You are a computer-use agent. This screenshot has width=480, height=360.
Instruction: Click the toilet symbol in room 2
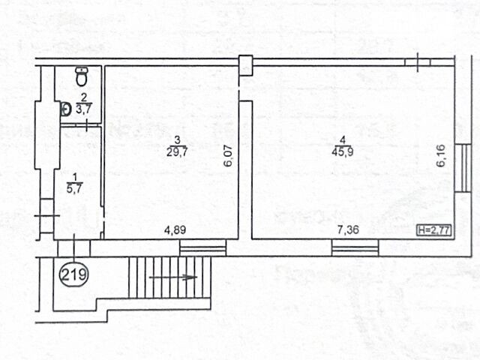pos(82,76)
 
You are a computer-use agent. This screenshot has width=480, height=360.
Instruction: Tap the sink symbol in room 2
pos(65,109)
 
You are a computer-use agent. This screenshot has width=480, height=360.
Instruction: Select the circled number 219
pos(74,274)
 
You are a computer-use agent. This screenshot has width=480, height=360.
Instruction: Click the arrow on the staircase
pos(173,277)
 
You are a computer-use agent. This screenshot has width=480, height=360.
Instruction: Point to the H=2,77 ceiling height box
pos(435,230)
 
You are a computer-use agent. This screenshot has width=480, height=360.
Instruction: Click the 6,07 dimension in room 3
pos(229,156)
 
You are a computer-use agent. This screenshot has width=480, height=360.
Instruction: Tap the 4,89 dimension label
pos(175,229)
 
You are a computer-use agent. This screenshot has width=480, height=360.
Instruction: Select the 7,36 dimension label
pos(348,229)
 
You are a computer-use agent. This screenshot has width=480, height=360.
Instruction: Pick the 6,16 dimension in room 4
pos(440,156)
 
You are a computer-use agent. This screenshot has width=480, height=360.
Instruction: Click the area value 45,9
pos(343,151)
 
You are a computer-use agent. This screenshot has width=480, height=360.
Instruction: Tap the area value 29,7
pos(177,151)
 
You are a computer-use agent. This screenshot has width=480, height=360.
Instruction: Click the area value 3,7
pos(84,109)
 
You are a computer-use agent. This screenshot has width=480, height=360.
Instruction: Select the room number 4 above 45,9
pos(343,140)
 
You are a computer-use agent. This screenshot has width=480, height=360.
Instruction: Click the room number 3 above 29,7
pos(177,140)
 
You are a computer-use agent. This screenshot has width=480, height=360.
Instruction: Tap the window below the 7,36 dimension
pos(355,247)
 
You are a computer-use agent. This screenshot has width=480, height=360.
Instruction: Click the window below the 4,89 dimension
pos(203,247)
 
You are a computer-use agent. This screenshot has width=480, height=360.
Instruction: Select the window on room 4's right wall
pos(463,168)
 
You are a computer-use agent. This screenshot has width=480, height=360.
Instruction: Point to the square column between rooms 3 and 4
pos(245,65)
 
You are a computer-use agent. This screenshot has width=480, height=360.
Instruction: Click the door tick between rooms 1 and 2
pos(86,125)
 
